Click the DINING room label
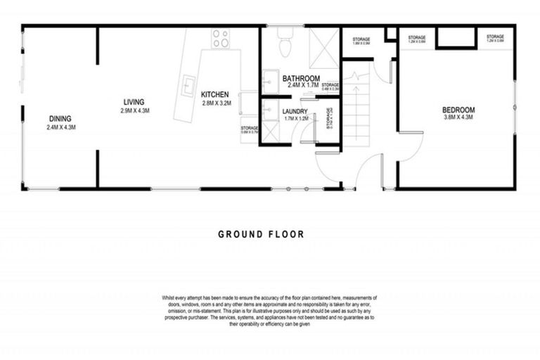[x=60, y=118]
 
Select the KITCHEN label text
[x=214, y=95]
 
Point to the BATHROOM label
[x=302, y=79]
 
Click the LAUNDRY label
[x=296, y=111]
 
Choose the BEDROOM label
[x=458, y=110]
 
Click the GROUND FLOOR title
[x=261, y=234]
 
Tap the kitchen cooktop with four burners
[x=221, y=38]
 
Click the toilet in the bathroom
[x=285, y=45]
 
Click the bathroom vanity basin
[x=269, y=79]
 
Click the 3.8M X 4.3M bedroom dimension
[x=458, y=117]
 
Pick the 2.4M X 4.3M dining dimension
[x=60, y=127]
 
